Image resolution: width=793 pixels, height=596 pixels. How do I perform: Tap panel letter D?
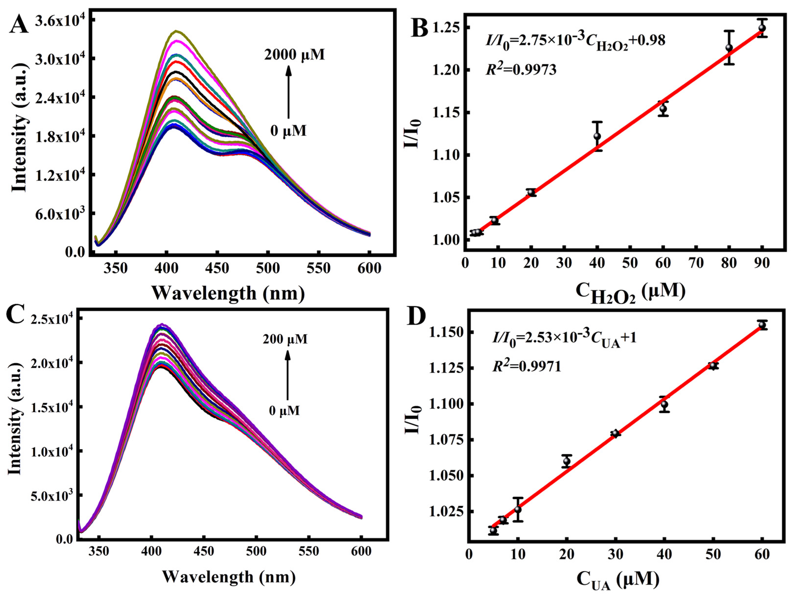417,315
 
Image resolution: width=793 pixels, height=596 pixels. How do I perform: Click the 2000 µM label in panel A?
295,55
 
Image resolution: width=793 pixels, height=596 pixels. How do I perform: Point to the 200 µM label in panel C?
285,339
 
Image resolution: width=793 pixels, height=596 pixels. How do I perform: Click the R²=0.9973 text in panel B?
521,69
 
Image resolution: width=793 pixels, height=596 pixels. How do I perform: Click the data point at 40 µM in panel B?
597,136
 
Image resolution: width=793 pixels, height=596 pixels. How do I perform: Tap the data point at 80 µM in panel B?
729,48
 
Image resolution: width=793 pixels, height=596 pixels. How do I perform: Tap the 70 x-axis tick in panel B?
696,263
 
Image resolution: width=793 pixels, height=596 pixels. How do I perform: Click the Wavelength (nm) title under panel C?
229,577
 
